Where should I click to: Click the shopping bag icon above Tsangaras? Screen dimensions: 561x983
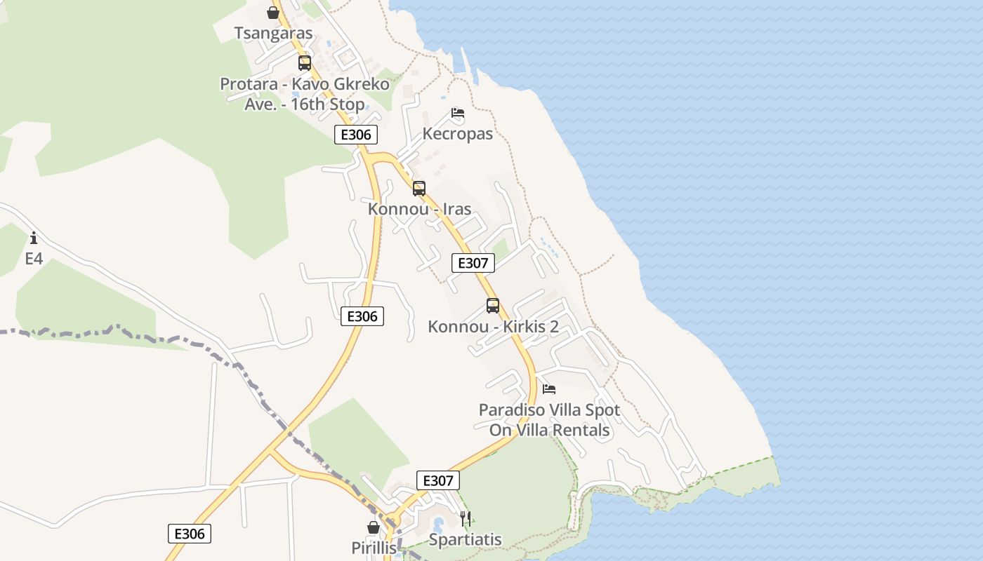pyautogui.click(x=273, y=13)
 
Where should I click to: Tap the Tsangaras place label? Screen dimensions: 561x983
pyautogui.click(x=273, y=34)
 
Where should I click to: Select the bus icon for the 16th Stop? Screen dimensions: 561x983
pyautogui.click(x=304, y=63)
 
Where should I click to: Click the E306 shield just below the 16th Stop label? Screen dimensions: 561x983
pyautogui.click(x=356, y=135)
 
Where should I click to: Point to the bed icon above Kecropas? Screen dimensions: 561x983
pyautogui.click(x=458, y=113)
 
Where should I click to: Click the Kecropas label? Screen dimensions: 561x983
pyautogui.click(x=458, y=133)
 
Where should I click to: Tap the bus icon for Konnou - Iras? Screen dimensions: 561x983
pyautogui.click(x=419, y=188)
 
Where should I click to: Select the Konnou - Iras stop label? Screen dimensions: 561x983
pyautogui.click(x=419, y=209)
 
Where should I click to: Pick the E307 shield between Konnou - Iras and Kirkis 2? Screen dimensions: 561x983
pyautogui.click(x=473, y=263)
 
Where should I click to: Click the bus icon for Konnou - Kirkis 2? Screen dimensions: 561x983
pyautogui.click(x=493, y=306)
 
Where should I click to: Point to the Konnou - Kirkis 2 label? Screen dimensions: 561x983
pyautogui.click(x=493, y=327)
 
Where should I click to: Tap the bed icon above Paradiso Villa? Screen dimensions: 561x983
pyautogui.click(x=549, y=388)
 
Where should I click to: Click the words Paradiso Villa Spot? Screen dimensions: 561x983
pyautogui.click(x=549, y=410)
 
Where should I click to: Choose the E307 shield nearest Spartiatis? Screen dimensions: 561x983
pyautogui.click(x=438, y=480)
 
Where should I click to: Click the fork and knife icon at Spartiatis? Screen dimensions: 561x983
pyautogui.click(x=465, y=519)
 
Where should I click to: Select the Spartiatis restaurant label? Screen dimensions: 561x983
pyautogui.click(x=465, y=539)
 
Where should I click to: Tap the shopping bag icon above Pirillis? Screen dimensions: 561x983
pyautogui.click(x=374, y=527)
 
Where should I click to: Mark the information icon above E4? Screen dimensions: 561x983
pyautogui.click(x=33, y=238)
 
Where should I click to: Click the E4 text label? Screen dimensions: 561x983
pyautogui.click(x=34, y=259)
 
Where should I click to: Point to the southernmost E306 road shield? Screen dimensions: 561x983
pyautogui.click(x=190, y=534)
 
